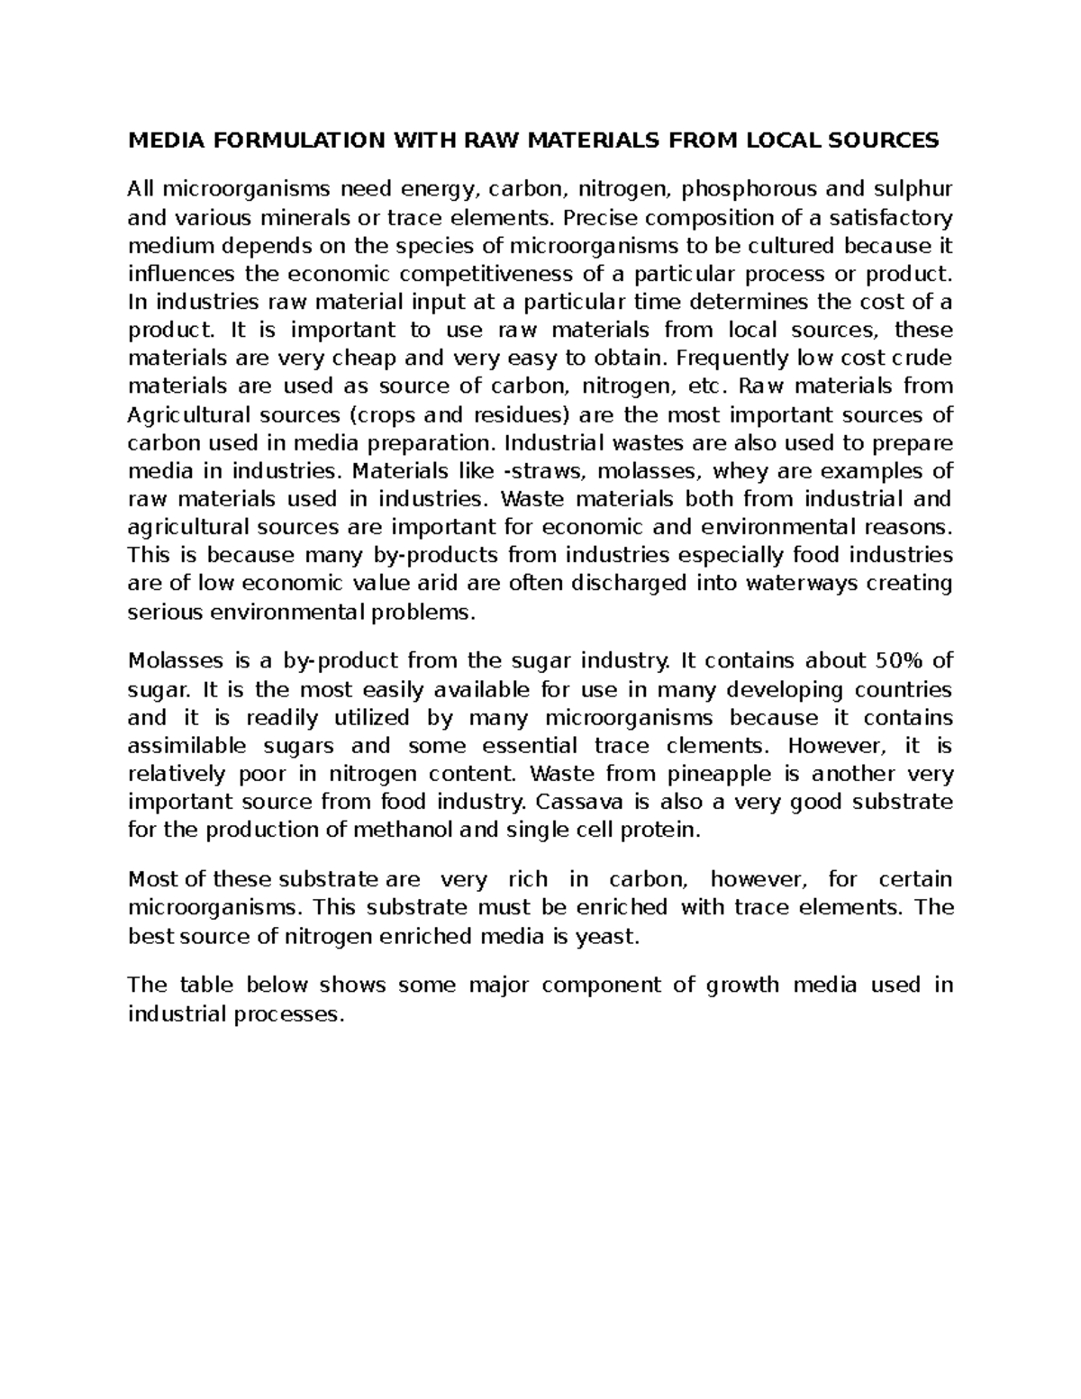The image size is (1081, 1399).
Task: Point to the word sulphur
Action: (912, 189)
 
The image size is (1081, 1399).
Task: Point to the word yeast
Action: (606, 936)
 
